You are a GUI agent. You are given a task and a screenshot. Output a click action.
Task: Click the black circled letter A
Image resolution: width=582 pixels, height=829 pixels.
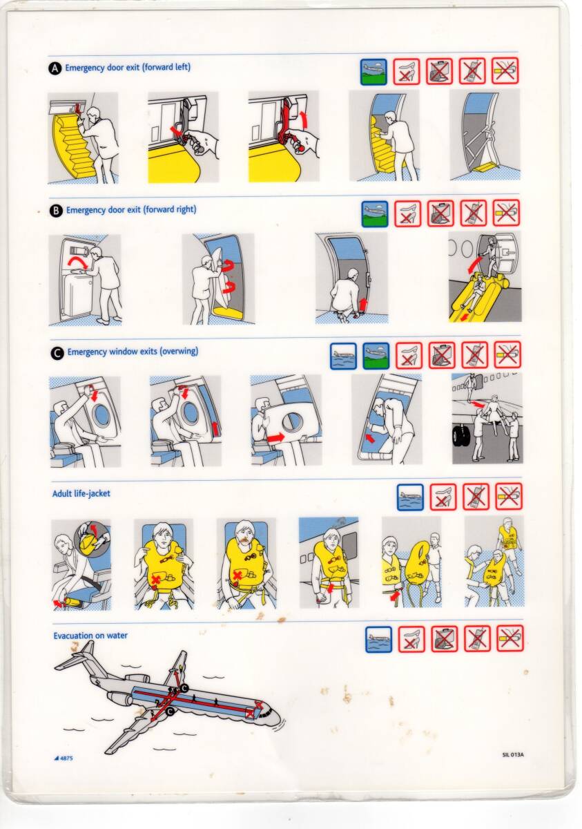pyautogui.click(x=55, y=68)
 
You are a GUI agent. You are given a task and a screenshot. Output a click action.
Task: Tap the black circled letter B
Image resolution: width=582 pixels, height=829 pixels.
pyautogui.click(x=56, y=211)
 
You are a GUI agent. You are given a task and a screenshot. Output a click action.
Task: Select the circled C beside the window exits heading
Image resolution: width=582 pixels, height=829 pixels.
pyautogui.click(x=57, y=353)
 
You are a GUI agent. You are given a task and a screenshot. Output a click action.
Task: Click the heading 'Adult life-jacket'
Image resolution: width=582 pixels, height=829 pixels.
pyautogui.click(x=81, y=494)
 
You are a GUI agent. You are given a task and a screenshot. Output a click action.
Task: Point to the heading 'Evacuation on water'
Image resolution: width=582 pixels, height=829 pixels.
pyautogui.click(x=90, y=636)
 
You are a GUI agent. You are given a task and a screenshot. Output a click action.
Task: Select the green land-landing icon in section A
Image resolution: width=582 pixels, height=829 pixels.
pyautogui.click(x=374, y=72)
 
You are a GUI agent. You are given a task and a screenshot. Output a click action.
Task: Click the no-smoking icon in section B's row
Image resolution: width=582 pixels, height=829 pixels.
pyautogui.click(x=506, y=213)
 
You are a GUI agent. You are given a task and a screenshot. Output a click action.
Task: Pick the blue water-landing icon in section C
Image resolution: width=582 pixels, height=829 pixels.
pyautogui.click(x=343, y=356)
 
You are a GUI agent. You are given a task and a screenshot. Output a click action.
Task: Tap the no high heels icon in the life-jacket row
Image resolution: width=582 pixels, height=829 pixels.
pyautogui.click(x=443, y=497)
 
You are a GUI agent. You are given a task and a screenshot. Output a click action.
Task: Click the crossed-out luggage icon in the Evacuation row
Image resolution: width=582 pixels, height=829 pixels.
pyautogui.click(x=444, y=639)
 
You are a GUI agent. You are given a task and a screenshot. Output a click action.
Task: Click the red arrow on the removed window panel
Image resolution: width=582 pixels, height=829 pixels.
pyautogui.click(x=276, y=438)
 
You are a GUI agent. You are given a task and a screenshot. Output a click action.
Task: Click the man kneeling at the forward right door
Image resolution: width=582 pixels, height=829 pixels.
pyautogui.click(x=345, y=294)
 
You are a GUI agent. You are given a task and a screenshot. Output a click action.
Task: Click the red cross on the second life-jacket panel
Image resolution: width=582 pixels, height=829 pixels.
pyautogui.click(x=155, y=579)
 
